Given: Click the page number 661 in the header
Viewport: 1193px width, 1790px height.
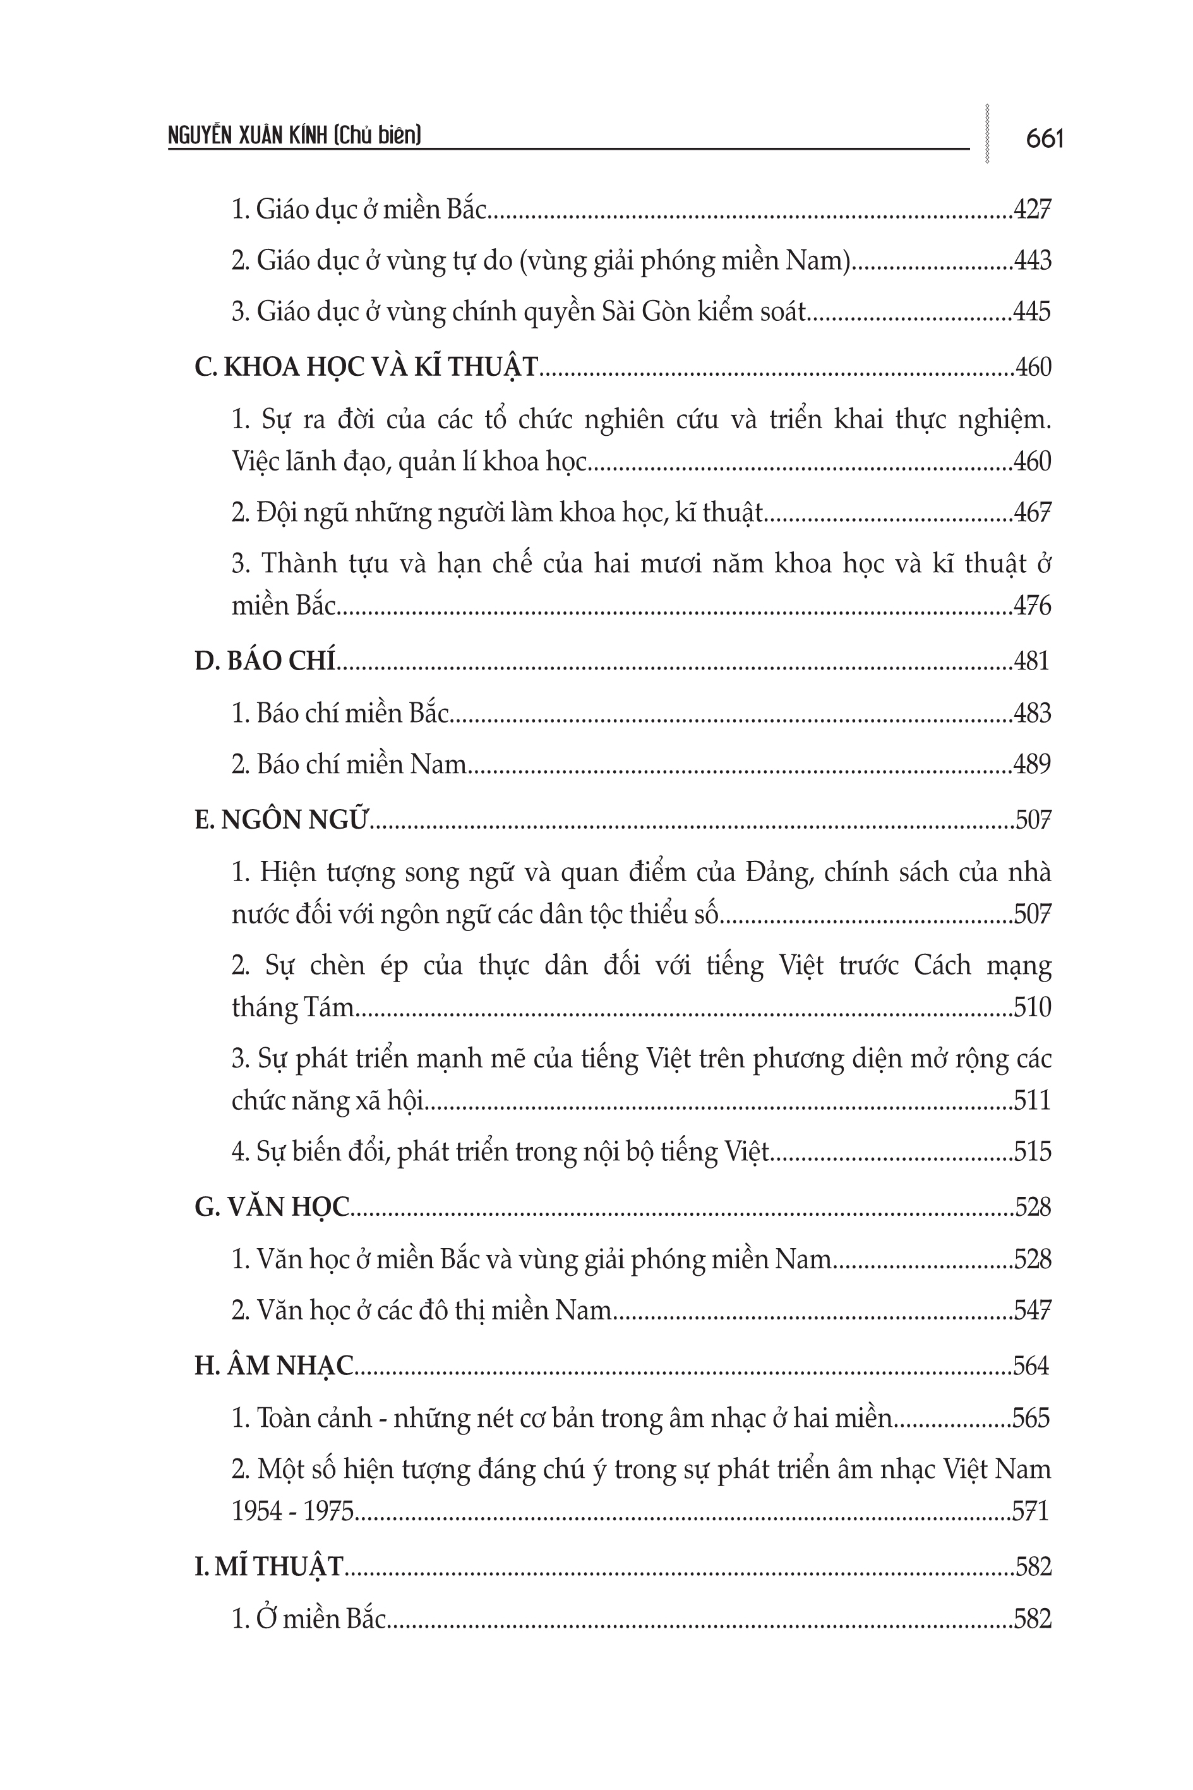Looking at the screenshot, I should tap(1044, 139).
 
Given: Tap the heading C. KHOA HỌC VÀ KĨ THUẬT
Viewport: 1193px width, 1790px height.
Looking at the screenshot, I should tap(366, 368).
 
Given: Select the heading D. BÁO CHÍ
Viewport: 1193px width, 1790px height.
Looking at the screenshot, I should tap(265, 661).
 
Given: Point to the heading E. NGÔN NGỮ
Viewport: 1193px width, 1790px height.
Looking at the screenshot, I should tap(281, 820).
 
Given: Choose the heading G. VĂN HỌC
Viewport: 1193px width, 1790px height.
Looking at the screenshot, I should tap(272, 1207).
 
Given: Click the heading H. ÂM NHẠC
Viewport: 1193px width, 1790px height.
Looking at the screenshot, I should tap(274, 1366).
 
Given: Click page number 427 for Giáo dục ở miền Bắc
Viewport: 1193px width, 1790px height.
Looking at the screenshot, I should tap(1032, 209).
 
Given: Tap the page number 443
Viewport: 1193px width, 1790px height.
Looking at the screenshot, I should tap(1032, 261).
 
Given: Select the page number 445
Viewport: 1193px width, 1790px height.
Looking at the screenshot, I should tap(1032, 312).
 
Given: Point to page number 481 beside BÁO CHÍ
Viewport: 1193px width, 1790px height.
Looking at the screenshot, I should tap(1032, 661).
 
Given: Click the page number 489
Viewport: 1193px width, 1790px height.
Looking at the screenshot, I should tap(1032, 764).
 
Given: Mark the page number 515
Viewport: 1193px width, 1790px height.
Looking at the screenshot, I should tap(1032, 1151).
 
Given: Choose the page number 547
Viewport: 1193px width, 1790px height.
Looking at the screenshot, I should tap(1032, 1311).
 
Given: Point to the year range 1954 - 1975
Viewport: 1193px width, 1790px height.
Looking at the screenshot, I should tap(293, 1511).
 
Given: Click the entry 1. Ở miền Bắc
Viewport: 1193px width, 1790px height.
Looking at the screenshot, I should tap(309, 1618).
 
